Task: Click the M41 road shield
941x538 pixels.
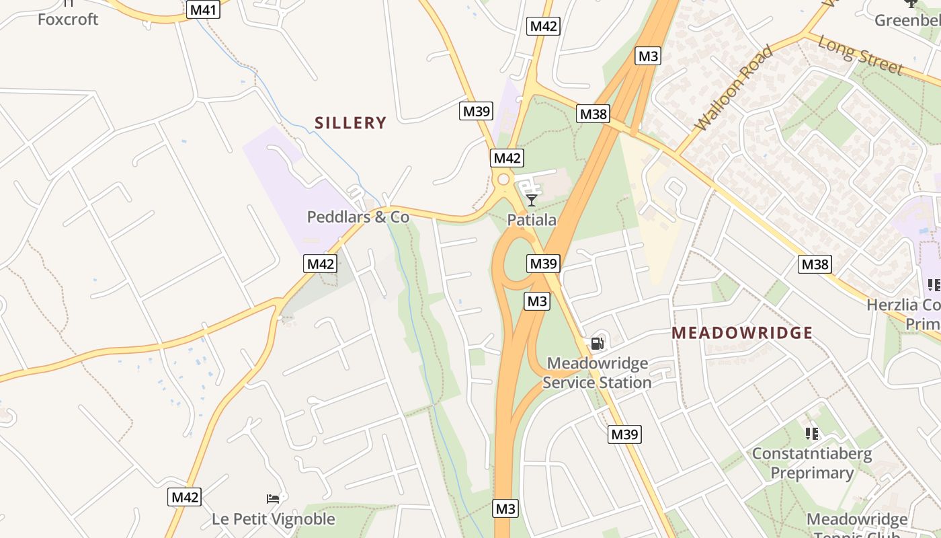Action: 203,9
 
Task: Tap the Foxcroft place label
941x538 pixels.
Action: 68,19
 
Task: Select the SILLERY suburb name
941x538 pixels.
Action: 350,122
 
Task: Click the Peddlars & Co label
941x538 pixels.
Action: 358,217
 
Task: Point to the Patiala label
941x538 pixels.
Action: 532,220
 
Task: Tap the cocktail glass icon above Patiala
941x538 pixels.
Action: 532,200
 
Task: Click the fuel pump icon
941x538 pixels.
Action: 597,344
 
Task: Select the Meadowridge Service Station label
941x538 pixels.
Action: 597,373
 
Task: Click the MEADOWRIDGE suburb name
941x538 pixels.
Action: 742,333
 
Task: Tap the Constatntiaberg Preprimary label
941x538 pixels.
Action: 811,463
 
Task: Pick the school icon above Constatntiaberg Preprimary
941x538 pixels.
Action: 811,434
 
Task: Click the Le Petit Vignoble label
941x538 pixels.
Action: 273,519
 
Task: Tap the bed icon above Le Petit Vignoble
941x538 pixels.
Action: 273,498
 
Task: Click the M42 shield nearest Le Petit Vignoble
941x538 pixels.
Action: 184,497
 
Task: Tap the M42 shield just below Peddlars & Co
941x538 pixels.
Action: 321,264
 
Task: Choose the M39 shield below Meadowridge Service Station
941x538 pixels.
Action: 624,434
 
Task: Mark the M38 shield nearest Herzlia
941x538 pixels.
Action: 815,264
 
